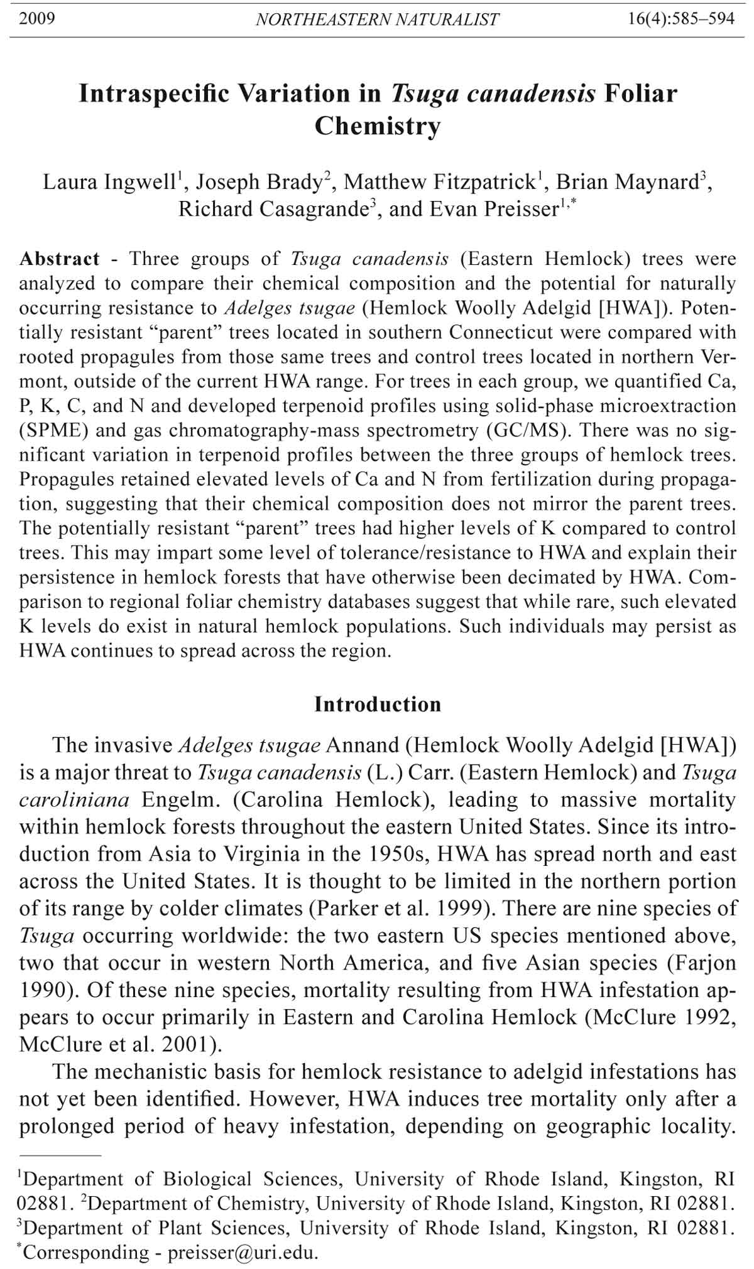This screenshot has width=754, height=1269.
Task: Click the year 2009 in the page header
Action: point(37,19)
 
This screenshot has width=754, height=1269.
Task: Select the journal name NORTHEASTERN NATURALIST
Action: point(377,20)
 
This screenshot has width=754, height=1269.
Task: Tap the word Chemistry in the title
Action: point(377,126)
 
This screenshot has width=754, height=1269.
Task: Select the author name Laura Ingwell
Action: point(107,182)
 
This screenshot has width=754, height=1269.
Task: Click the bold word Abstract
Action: point(59,259)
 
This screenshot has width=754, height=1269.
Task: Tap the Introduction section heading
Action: point(378,705)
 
